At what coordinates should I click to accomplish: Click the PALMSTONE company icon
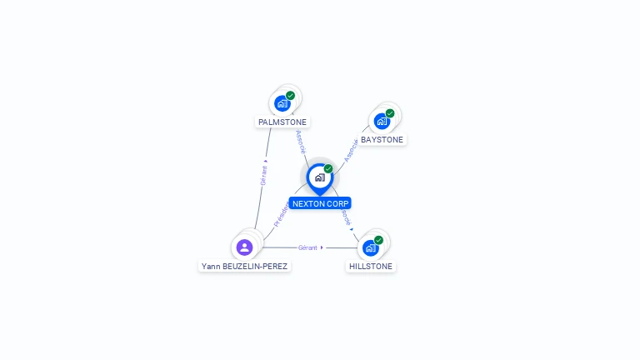coord(282,103)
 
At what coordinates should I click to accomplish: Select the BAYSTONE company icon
coord(382,121)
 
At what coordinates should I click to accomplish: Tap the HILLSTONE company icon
coord(371,247)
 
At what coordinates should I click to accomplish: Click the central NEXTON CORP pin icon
coord(319,177)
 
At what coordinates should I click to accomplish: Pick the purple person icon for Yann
coord(244,247)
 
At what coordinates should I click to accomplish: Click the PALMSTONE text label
coord(282,122)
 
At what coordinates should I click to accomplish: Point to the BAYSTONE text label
coord(382,140)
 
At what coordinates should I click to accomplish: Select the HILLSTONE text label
coord(371,267)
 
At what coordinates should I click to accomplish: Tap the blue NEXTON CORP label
coord(320,203)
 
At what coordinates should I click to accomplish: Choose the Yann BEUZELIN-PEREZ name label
coord(244,267)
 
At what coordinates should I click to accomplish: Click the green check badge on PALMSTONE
coord(291,95)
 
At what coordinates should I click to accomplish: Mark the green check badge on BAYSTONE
coord(390,113)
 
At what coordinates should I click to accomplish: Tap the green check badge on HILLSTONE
coord(378,240)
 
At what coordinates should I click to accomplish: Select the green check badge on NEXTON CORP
coord(328,168)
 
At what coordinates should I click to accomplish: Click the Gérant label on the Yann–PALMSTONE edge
coord(263,172)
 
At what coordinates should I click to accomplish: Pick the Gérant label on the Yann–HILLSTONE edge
coord(308,247)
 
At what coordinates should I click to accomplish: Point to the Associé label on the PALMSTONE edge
coord(301,142)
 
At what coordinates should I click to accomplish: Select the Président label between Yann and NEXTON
coord(281,215)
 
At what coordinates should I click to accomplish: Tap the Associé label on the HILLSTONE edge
coord(346,218)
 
